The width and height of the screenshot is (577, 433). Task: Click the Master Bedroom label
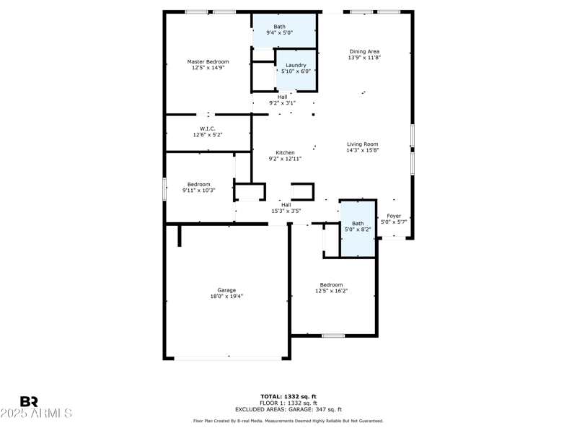pos(208,62)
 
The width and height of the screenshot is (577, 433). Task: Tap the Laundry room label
pos(295,65)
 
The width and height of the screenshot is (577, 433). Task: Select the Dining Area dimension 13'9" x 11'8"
pos(364,58)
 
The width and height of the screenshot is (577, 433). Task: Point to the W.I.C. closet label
pos(208,128)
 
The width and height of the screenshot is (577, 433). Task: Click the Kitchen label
pos(286,152)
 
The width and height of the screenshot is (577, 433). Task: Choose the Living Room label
pos(362,144)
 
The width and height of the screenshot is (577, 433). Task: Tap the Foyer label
pos(394,216)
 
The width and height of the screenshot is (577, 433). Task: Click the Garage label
pos(226,290)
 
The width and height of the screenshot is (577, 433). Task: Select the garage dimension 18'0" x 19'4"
pos(226,297)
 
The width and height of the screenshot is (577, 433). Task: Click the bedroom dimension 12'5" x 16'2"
pos(331,291)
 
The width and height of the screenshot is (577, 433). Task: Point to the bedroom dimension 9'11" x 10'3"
pos(199,191)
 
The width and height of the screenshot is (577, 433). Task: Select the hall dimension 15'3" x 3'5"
pos(286,211)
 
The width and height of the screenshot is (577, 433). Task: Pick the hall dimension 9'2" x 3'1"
pos(282,103)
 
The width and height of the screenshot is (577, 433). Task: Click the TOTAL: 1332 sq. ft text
pos(288,396)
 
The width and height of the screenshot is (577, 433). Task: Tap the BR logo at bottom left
pos(29,402)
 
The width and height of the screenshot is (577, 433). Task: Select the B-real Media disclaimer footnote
pos(288,421)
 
